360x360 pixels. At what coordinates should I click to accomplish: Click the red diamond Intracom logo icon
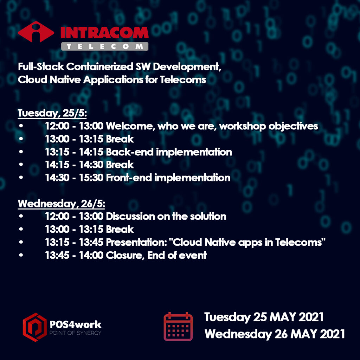tap(36, 32)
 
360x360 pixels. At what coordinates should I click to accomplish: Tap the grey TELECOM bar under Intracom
tap(105, 46)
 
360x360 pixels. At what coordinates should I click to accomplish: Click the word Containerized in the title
tap(99, 67)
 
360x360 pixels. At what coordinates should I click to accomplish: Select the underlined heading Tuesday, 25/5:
tap(52, 113)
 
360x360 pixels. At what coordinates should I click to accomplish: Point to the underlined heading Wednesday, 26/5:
tap(61, 204)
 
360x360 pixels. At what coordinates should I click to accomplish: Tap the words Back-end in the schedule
tap(130, 152)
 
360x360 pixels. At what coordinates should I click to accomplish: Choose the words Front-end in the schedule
tap(129, 178)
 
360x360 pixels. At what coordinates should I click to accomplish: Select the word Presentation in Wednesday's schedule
tap(136, 242)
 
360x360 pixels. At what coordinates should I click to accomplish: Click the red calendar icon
tap(178, 327)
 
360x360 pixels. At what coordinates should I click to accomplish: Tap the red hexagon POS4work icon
tap(35, 327)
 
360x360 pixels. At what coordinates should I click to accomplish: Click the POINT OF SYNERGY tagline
tap(75, 333)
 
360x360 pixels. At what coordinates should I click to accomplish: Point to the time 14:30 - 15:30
tap(74, 178)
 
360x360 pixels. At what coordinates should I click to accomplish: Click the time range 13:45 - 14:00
tap(74, 255)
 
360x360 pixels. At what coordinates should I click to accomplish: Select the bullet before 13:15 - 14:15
tap(21, 152)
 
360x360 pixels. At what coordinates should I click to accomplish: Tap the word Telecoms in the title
tap(183, 80)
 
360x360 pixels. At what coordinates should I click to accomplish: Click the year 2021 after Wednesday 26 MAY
tap(332, 334)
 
